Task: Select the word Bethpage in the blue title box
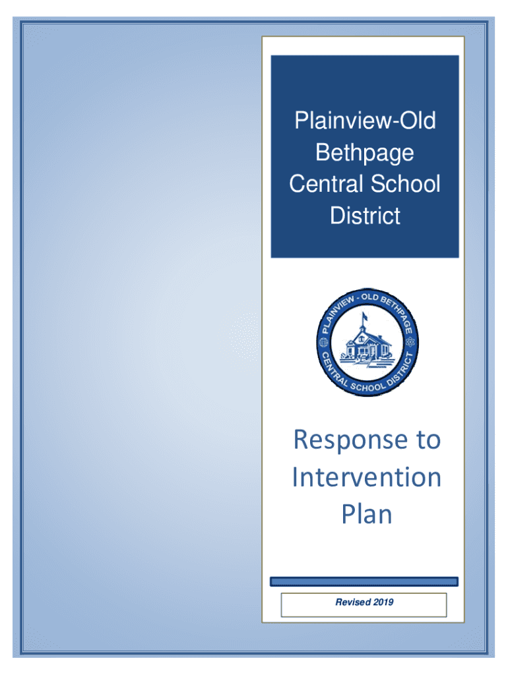pos(365,154)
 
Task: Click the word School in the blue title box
pos(406,184)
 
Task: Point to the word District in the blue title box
pos(365,216)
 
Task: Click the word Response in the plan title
pos(350,440)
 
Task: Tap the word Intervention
pos(367,477)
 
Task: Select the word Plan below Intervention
pos(367,514)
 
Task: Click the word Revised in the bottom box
pos(353,602)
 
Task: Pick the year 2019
pos(383,602)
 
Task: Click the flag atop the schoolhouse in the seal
pos(365,317)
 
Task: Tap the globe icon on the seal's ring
pos(323,343)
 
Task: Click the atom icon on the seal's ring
pos(410,342)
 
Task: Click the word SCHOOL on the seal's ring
pos(367,386)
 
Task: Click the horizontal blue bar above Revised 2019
pos(364,581)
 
